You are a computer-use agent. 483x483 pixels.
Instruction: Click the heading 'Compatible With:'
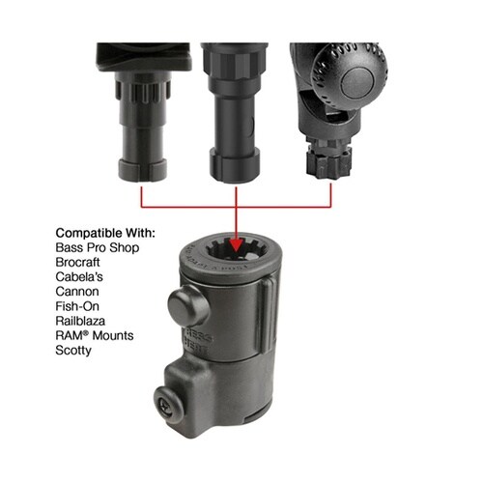105,233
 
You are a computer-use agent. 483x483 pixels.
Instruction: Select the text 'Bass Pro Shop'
98,247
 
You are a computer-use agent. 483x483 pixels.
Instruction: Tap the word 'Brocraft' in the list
77,262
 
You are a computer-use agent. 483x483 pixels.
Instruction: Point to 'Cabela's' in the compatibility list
79,277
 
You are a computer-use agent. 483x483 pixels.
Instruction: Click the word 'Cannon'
77,292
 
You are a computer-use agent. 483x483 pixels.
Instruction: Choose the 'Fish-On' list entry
77,306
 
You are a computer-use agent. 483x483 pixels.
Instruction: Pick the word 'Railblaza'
80,321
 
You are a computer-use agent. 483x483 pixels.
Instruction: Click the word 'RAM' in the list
70,335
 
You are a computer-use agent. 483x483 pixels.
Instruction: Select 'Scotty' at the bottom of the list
73,351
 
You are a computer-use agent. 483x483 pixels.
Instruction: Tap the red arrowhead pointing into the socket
236,244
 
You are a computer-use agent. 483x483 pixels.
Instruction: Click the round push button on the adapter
188,305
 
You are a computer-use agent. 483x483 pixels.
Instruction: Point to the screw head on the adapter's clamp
167,402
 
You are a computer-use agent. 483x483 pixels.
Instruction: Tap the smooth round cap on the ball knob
356,84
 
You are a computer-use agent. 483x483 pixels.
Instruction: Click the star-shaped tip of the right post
327,164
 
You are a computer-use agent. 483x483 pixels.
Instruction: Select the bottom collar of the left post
143,169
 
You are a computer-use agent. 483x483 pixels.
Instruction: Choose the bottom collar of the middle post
235,165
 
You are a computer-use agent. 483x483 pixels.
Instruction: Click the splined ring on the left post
143,91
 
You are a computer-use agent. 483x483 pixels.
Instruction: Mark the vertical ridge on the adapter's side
268,316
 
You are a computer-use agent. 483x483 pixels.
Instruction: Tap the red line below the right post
330,195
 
